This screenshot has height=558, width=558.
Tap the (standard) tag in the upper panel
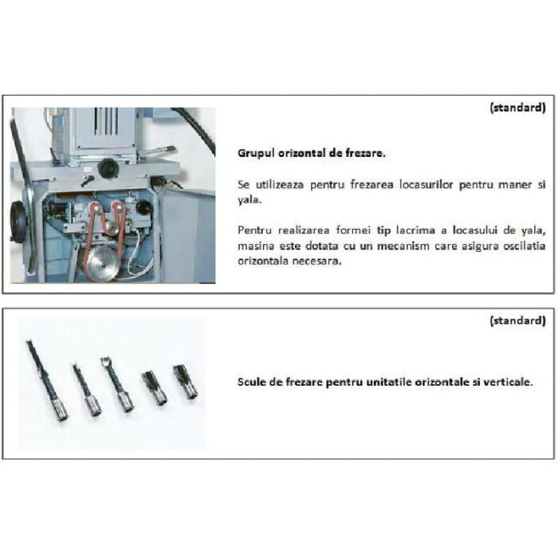[x=518, y=107]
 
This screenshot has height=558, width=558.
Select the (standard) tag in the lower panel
[x=518, y=320]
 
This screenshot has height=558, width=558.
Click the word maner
[x=515, y=185]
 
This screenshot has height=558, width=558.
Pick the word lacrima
[x=415, y=230]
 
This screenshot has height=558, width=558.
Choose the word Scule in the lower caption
[x=252, y=382]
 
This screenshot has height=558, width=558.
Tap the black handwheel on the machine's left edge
[x=18, y=222]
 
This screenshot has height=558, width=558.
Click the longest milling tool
[x=46, y=381]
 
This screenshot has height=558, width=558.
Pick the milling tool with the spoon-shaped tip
[x=117, y=385]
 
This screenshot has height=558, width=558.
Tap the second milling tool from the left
[x=87, y=390]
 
